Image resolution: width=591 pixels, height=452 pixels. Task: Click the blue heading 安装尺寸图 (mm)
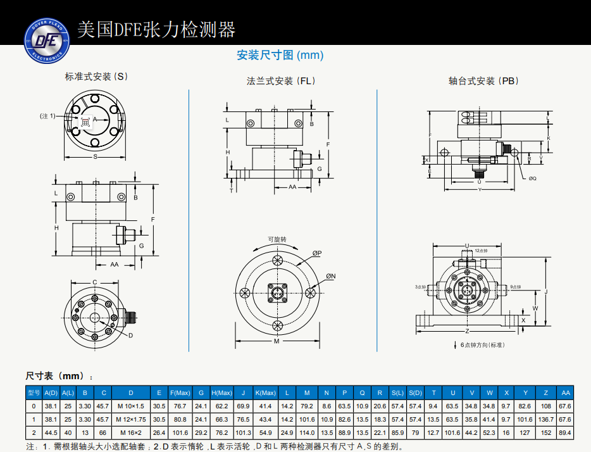[x=280, y=55]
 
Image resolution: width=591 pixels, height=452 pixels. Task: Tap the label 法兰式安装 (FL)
[x=281, y=81]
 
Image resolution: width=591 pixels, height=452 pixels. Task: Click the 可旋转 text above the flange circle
[x=277, y=239]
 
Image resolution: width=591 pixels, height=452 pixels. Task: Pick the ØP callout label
[x=316, y=253]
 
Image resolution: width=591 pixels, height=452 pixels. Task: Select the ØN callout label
[x=330, y=277]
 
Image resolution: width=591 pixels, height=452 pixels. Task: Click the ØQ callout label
[x=532, y=179]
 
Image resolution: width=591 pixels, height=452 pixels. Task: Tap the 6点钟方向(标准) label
[x=482, y=345]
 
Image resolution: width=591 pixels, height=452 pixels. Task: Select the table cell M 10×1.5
[x=131, y=405]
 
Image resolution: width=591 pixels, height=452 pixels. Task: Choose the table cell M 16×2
[x=131, y=433]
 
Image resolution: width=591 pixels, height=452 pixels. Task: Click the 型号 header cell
[x=34, y=392]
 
